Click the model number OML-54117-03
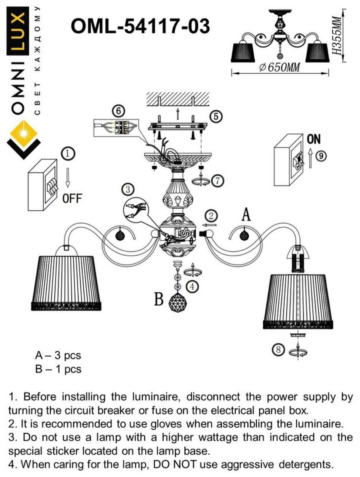(x=140, y=27)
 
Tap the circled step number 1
(x=68, y=153)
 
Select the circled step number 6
(x=118, y=111)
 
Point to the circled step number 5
(x=216, y=116)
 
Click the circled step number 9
(x=322, y=156)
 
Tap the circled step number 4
(x=192, y=286)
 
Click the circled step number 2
(x=211, y=216)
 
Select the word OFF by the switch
(x=72, y=199)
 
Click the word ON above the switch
(x=313, y=139)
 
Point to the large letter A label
(x=246, y=214)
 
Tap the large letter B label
(x=159, y=300)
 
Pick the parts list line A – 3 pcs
(x=58, y=356)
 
